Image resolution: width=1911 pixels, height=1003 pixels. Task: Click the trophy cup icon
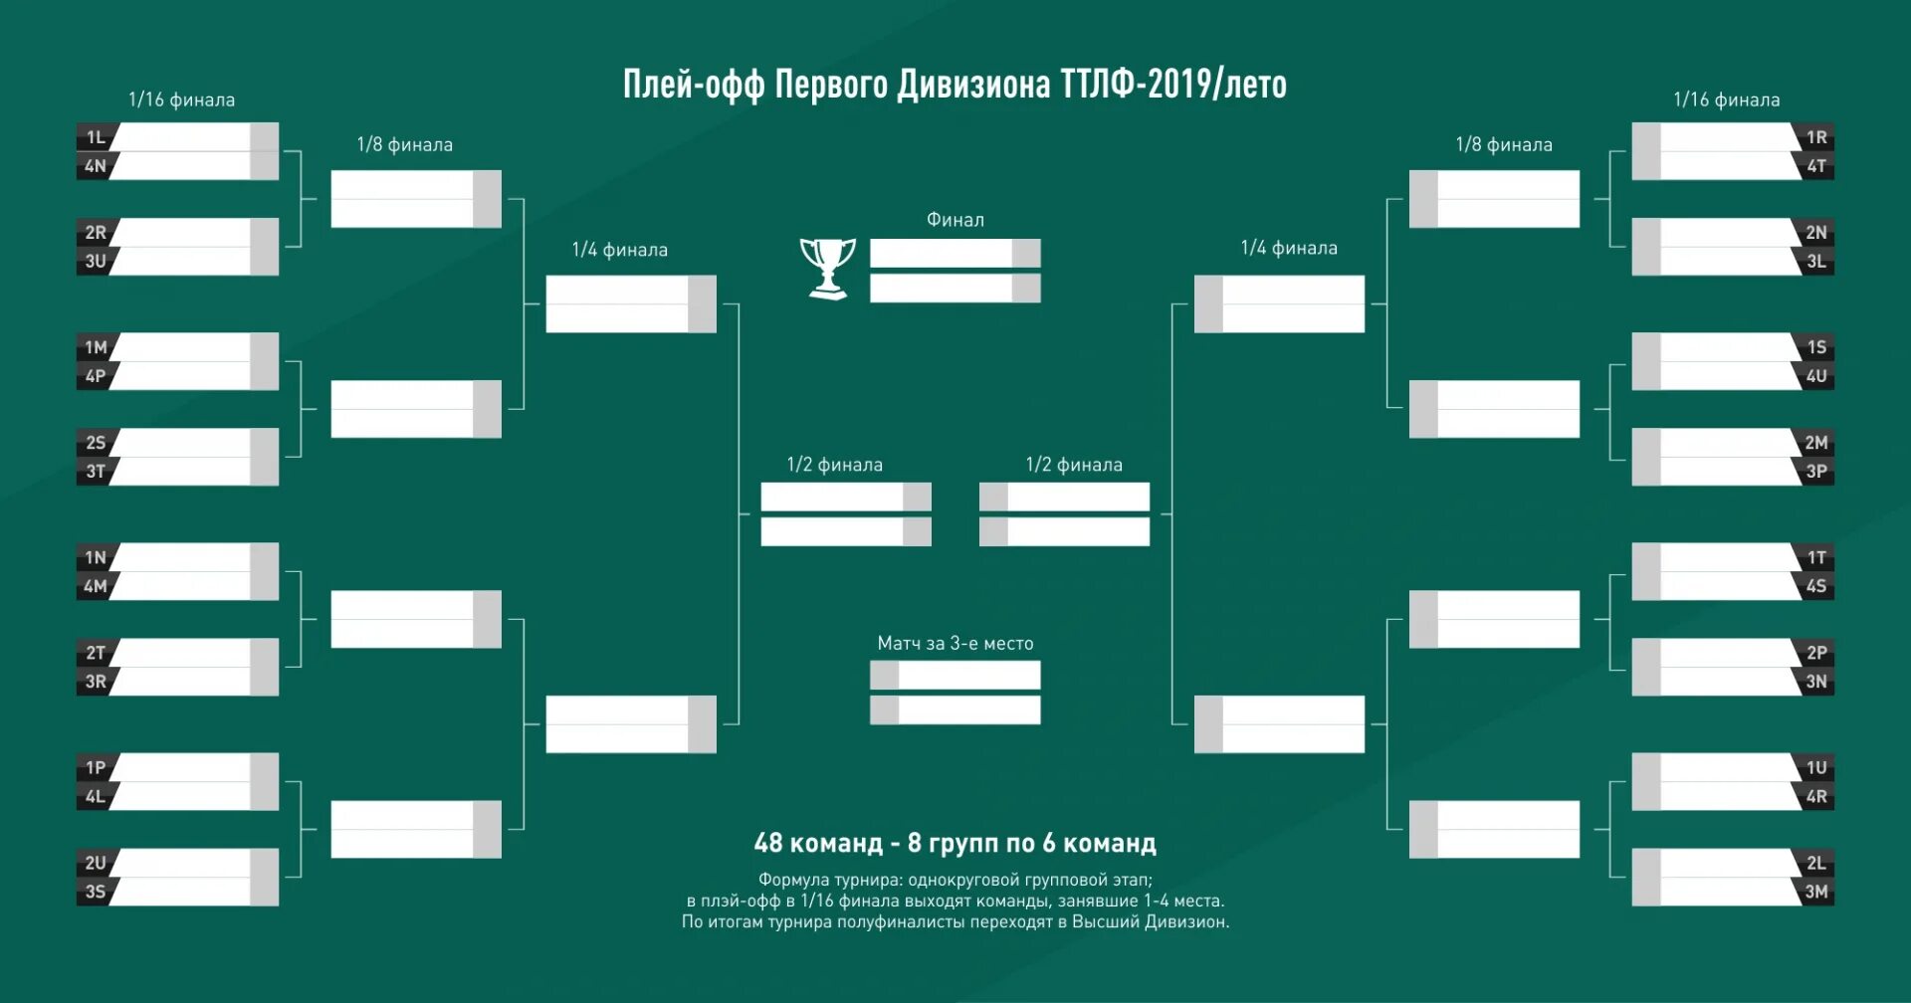click(x=827, y=268)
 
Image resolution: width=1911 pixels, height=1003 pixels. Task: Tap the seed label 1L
click(x=96, y=137)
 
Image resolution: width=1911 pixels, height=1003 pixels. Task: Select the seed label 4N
click(x=96, y=166)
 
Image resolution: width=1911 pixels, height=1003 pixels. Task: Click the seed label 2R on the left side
click(x=96, y=233)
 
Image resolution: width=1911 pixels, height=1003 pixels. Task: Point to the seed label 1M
click(x=96, y=347)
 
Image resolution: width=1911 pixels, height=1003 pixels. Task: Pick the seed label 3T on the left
click(x=96, y=472)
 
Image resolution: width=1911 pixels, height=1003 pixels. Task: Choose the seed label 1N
click(x=96, y=557)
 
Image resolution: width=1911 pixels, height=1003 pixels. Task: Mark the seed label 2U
click(x=96, y=863)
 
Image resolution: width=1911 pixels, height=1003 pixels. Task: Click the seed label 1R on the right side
click(x=1816, y=137)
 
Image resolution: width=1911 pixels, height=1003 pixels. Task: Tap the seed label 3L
click(x=1816, y=262)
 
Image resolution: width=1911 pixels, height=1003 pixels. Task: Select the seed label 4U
click(x=1816, y=376)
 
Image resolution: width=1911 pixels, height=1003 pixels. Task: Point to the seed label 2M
click(x=1816, y=443)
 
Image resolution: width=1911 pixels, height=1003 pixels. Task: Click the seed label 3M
click(x=1816, y=892)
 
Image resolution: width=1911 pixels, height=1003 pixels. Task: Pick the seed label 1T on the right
click(x=1816, y=557)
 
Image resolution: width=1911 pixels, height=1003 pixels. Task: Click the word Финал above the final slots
click(x=955, y=220)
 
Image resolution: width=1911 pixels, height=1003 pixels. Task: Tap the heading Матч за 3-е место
click(x=955, y=644)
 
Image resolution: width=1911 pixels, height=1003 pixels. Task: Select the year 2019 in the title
click(x=1178, y=85)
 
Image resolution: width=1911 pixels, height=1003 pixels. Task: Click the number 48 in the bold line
click(x=768, y=843)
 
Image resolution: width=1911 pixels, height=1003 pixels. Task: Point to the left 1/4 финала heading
click(x=619, y=250)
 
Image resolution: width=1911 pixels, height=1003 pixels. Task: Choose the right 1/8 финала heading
click(x=1503, y=145)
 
